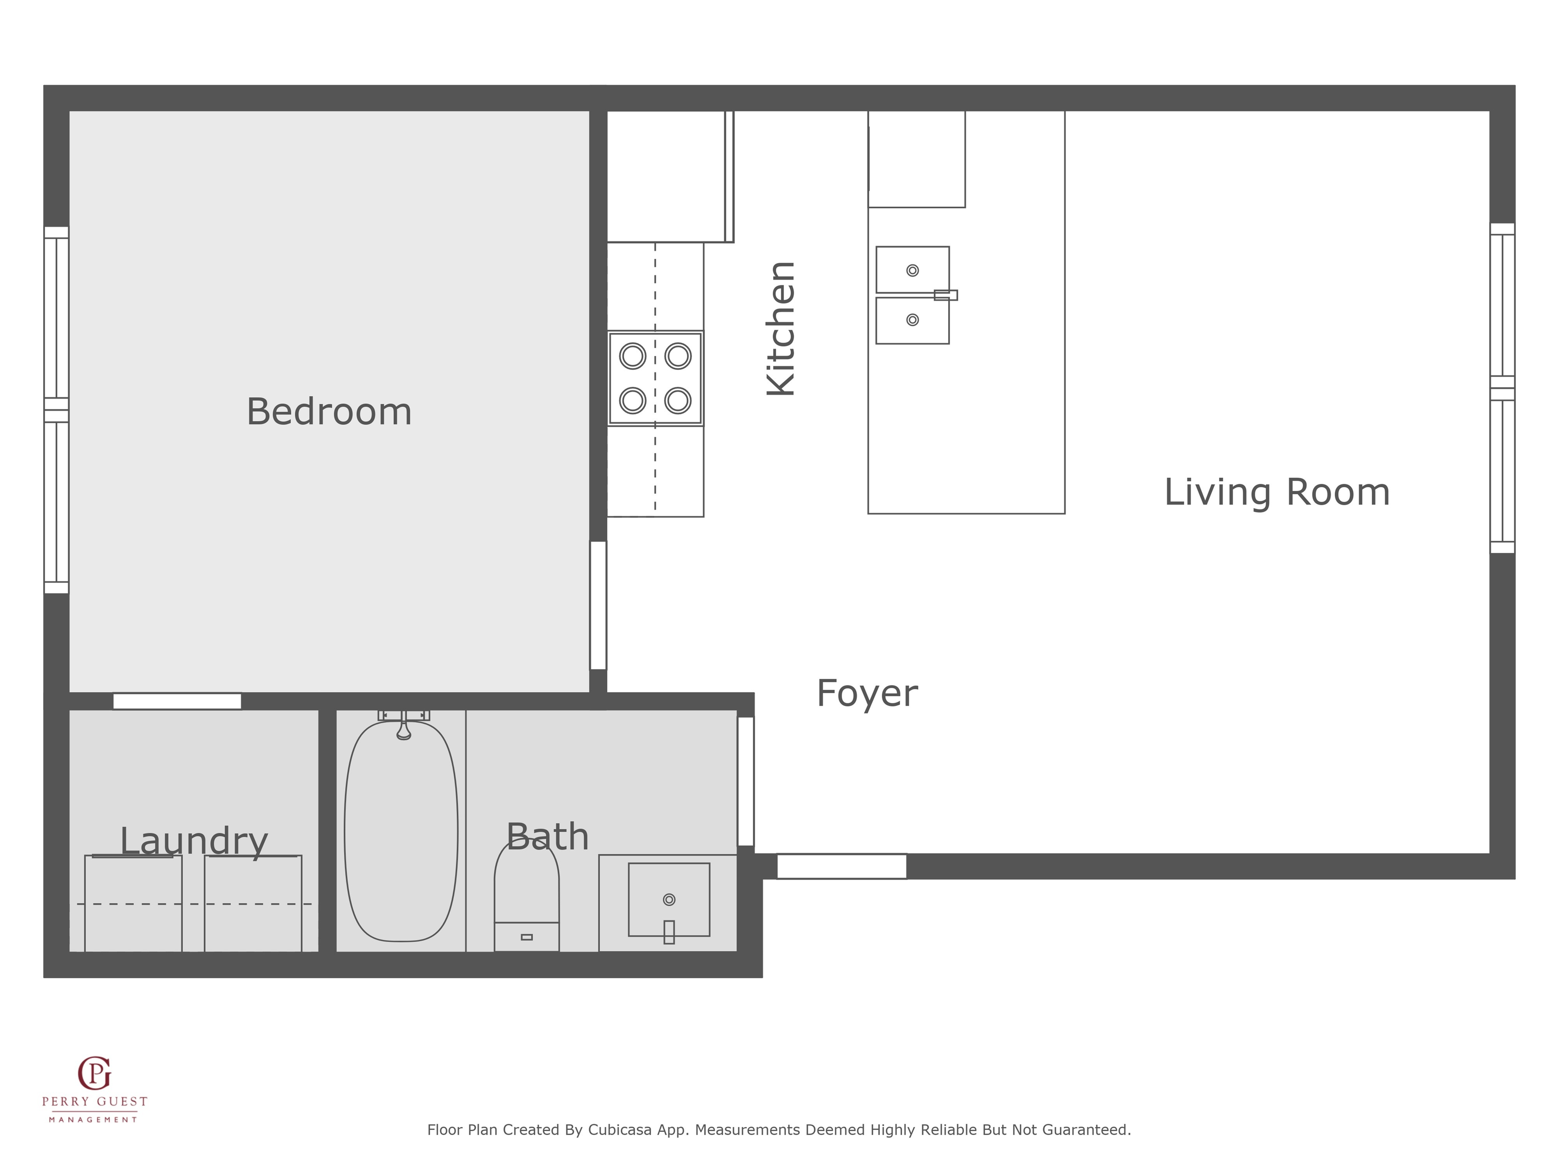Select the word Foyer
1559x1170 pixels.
click(x=867, y=694)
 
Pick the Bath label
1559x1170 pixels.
click(x=548, y=837)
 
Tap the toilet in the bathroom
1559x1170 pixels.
click(x=527, y=896)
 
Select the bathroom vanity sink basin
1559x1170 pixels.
click(x=669, y=900)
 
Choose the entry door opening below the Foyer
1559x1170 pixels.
click(x=841, y=867)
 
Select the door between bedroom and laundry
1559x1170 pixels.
click(x=177, y=701)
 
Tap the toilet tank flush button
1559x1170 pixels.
click(x=527, y=937)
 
